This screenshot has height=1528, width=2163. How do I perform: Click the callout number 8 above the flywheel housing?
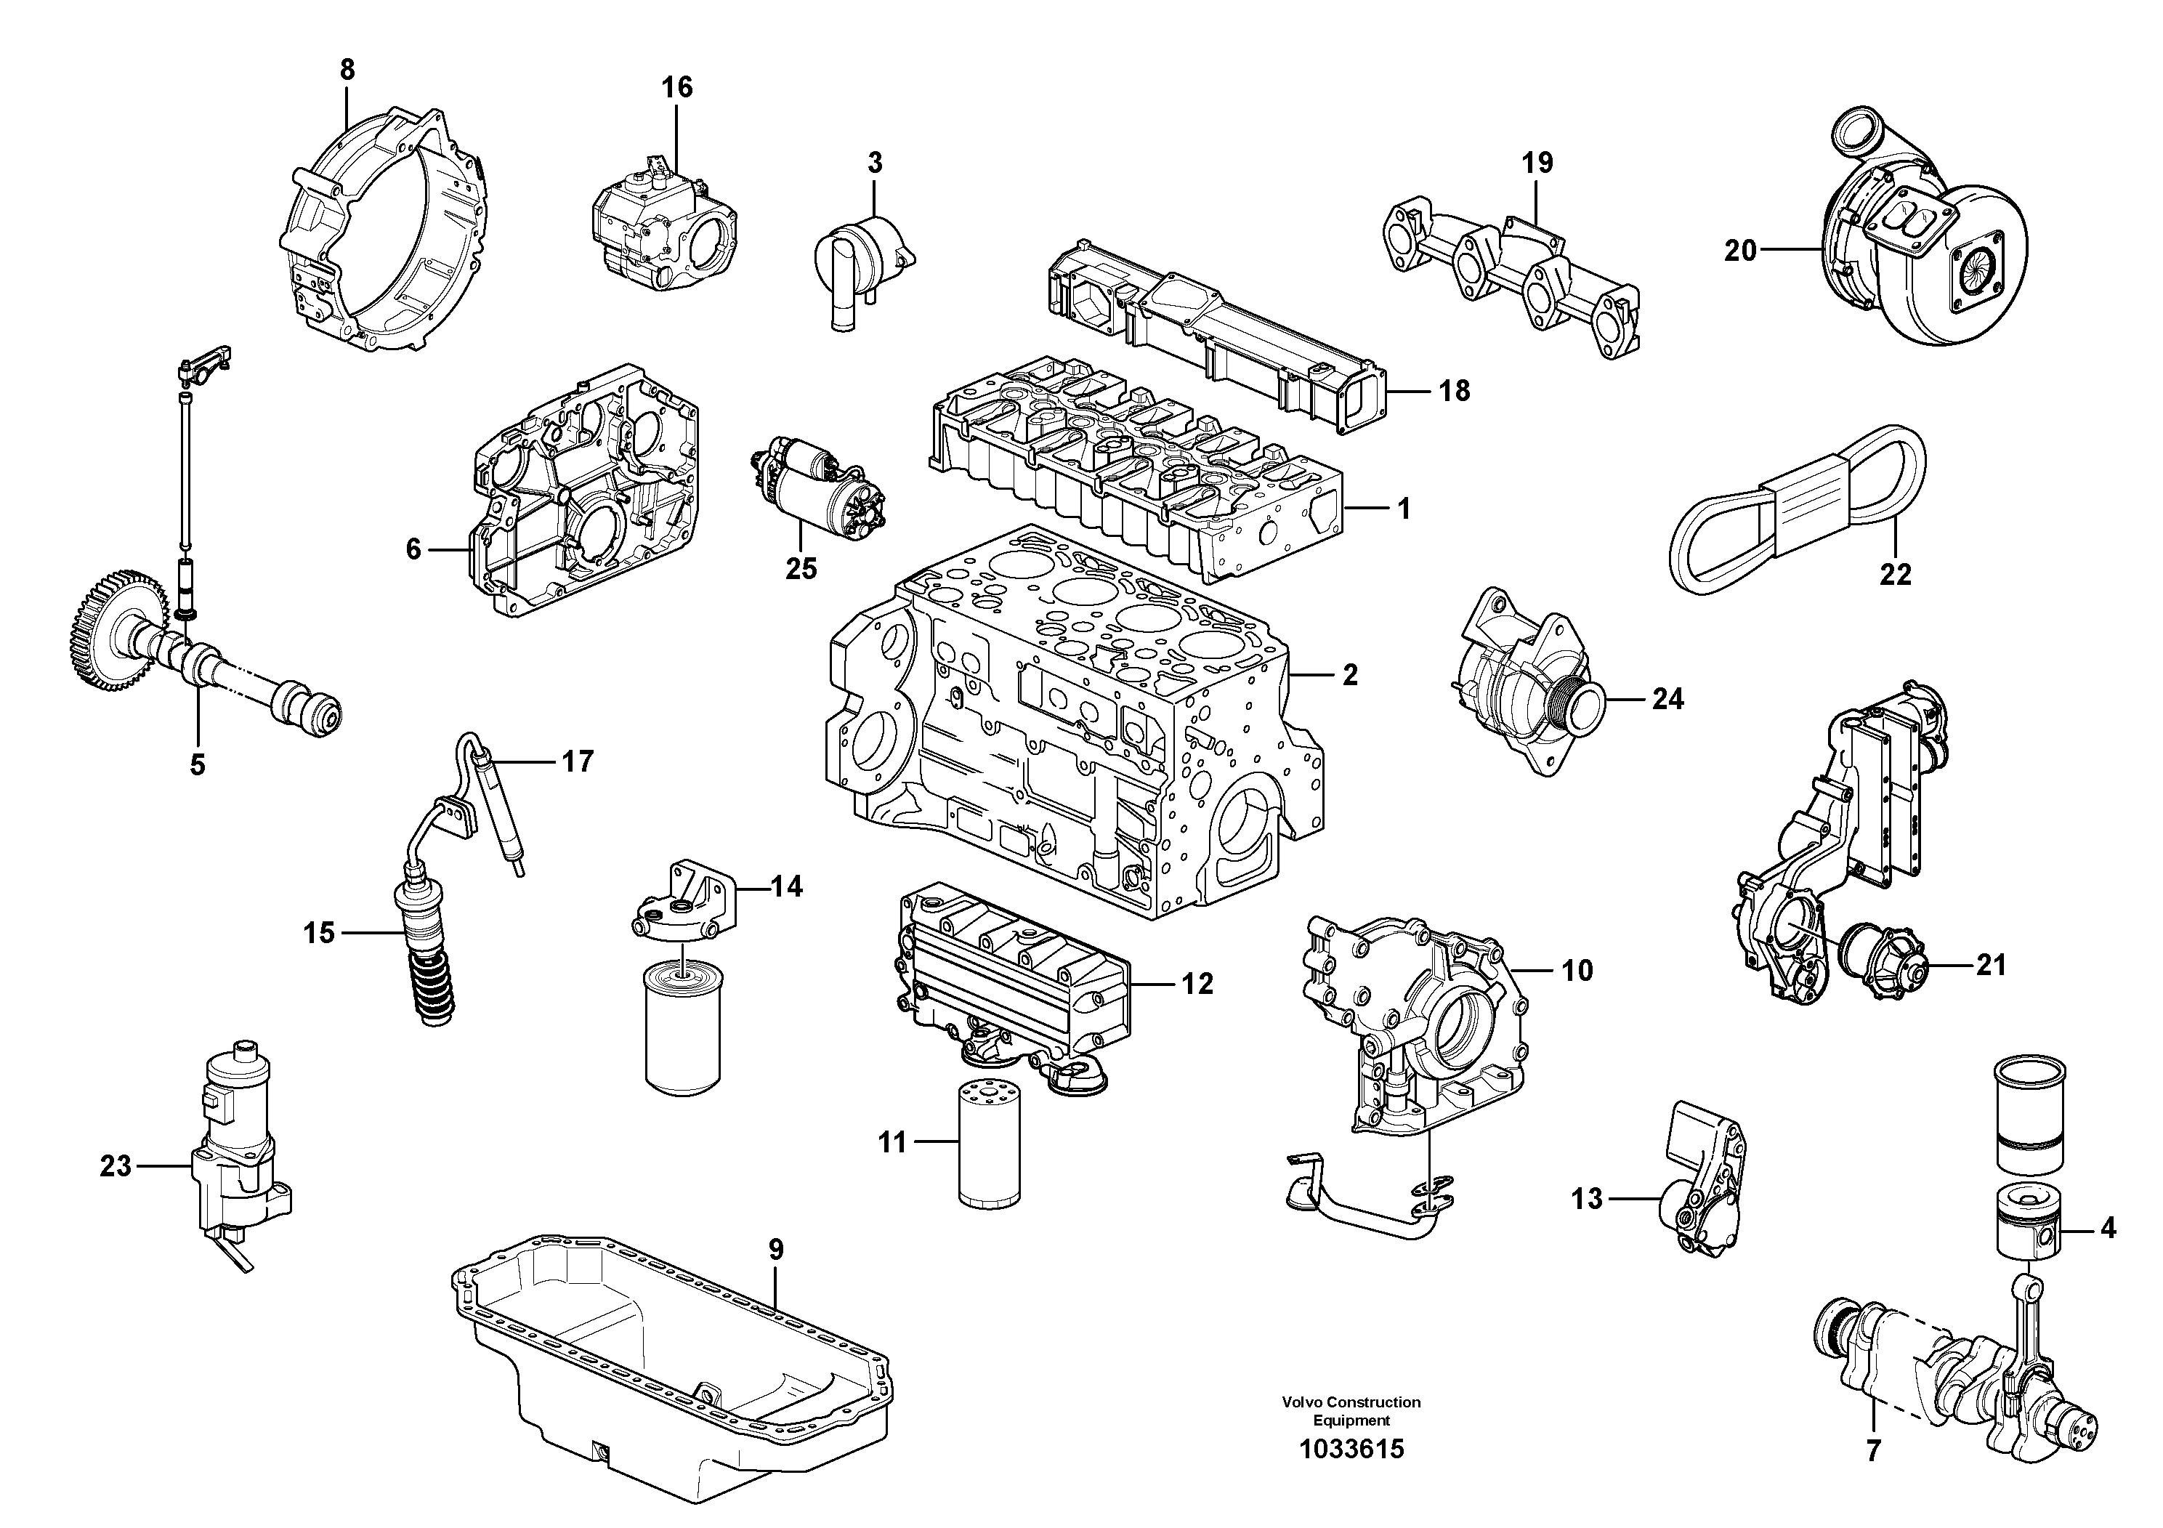click(347, 69)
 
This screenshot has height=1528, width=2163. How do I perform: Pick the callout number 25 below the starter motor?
click(801, 569)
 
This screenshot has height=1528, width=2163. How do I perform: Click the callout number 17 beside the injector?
click(578, 761)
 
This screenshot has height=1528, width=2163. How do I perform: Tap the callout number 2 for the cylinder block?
click(1350, 674)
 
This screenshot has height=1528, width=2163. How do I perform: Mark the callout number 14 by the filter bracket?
click(787, 886)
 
